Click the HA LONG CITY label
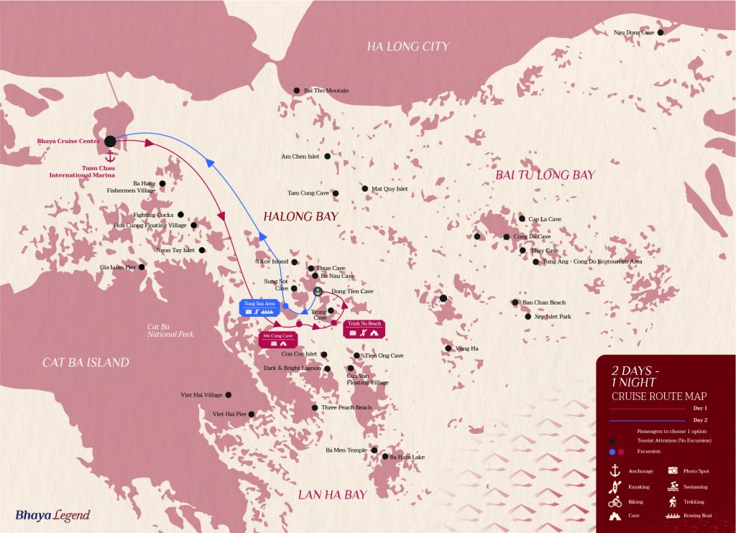pyautogui.click(x=408, y=47)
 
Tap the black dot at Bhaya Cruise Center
pyautogui.click(x=111, y=142)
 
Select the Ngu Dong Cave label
pyautogui.click(x=633, y=32)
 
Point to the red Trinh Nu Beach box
pyautogui.click(x=364, y=328)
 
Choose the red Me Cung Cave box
pyautogui.click(x=278, y=339)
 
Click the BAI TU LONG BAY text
pyautogui.click(x=545, y=175)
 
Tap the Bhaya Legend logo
pyautogui.click(x=52, y=515)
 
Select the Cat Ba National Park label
pyautogui.click(x=170, y=330)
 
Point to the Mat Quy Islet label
pyautogui.click(x=390, y=189)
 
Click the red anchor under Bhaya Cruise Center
pyautogui.click(x=111, y=156)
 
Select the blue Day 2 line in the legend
pyautogui.click(x=647, y=420)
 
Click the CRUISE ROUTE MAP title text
pyautogui.click(x=658, y=396)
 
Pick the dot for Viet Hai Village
pyautogui.click(x=229, y=395)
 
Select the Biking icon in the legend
pyautogui.click(x=615, y=501)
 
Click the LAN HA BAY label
pyautogui.click(x=332, y=494)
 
